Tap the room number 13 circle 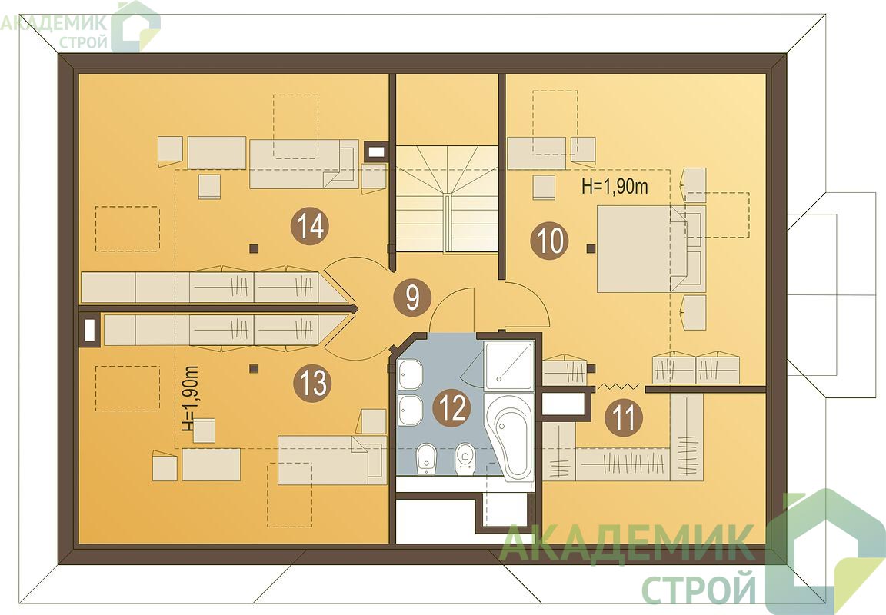coord(312,384)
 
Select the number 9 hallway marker coord(412,297)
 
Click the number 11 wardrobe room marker coord(624,418)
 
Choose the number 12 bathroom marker coord(451,407)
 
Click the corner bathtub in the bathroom coord(510,437)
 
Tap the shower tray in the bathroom coord(508,365)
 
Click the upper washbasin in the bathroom coord(410,374)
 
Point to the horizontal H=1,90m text coord(615,187)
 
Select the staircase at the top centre coord(446,198)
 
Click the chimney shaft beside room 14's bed coord(376,151)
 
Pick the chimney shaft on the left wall coord(89,330)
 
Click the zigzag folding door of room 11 coord(618,386)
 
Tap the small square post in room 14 coord(254,248)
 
